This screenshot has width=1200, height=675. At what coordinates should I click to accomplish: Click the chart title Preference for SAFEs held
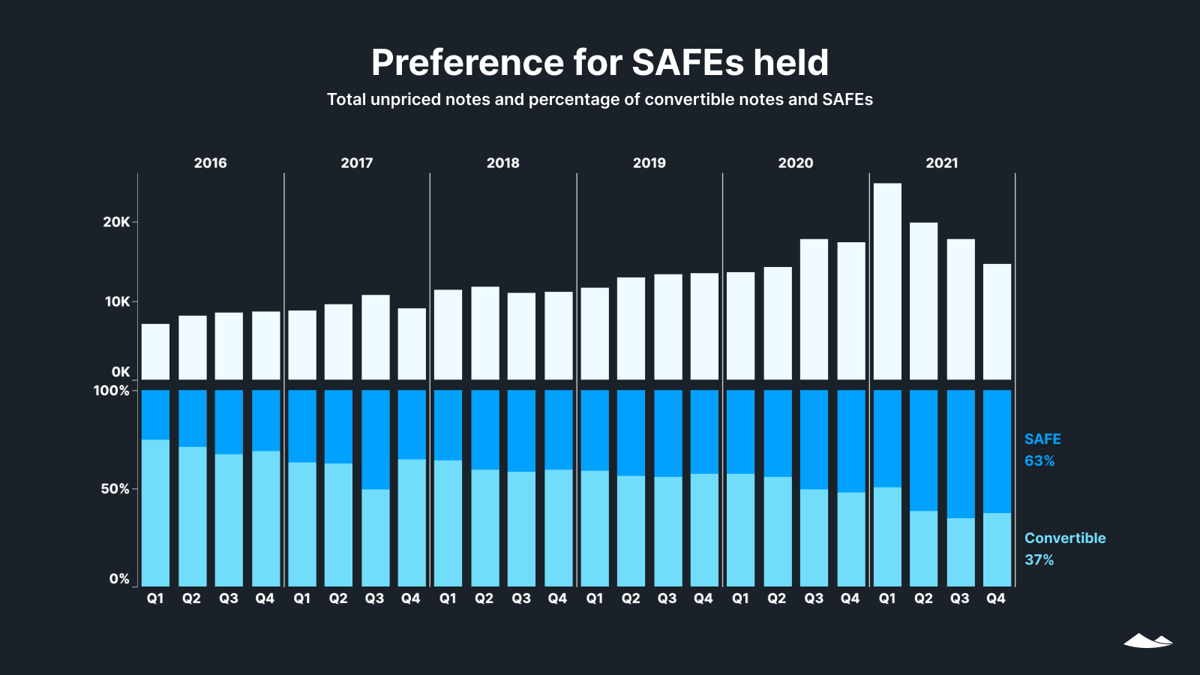[600, 63]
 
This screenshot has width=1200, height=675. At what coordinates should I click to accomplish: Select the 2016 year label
[210, 163]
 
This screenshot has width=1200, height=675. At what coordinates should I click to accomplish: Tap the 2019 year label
[649, 163]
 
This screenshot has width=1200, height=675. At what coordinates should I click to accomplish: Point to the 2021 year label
[942, 163]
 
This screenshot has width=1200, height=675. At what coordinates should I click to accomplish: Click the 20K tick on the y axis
[116, 222]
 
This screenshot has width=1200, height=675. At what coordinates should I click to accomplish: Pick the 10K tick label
[117, 301]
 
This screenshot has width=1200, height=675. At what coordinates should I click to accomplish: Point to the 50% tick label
[115, 489]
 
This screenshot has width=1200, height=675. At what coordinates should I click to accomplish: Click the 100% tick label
[111, 391]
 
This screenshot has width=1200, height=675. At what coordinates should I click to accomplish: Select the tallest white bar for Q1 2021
[887, 281]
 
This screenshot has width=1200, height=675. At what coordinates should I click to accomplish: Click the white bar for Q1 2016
[155, 352]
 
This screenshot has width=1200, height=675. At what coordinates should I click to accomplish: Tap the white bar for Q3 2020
[814, 309]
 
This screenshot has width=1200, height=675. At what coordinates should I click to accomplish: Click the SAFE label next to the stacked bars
[1042, 439]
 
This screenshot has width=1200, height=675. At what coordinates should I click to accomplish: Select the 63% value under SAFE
[1039, 461]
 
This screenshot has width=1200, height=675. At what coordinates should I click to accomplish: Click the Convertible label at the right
[1065, 538]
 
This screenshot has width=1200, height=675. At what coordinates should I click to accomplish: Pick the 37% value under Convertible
[1039, 560]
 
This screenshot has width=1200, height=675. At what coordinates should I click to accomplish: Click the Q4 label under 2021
[996, 598]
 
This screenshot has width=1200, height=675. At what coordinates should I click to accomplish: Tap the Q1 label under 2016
[155, 598]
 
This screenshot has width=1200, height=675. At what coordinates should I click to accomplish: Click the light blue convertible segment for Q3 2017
[375, 538]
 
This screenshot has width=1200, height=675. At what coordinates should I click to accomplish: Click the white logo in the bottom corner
[1147, 640]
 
